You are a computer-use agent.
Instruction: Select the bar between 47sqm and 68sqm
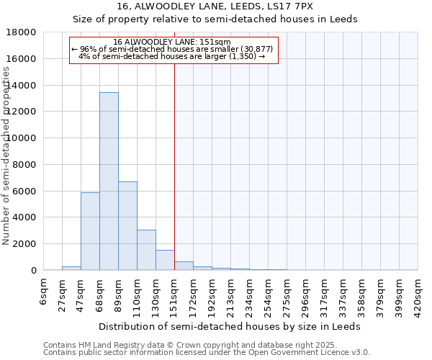tap(90, 231)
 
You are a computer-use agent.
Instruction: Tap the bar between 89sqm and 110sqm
tap(127, 226)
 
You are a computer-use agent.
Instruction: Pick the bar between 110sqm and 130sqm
tap(146, 250)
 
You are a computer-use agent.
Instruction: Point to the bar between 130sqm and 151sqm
tap(165, 260)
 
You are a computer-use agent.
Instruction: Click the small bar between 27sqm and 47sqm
tap(71, 268)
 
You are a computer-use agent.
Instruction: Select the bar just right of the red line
tap(184, 266)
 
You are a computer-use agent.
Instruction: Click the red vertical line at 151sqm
tap(174, 166)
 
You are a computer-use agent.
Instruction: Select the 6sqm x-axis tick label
tap(44, 292)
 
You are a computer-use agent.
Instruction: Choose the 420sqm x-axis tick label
tap(418, 296)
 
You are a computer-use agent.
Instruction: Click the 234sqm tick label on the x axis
tap(250, 296)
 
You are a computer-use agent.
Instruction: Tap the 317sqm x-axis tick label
tap(325, 296)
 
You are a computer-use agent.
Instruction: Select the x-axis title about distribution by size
tap(230, 326)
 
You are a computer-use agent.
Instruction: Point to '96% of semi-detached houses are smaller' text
tap(172, 49)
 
